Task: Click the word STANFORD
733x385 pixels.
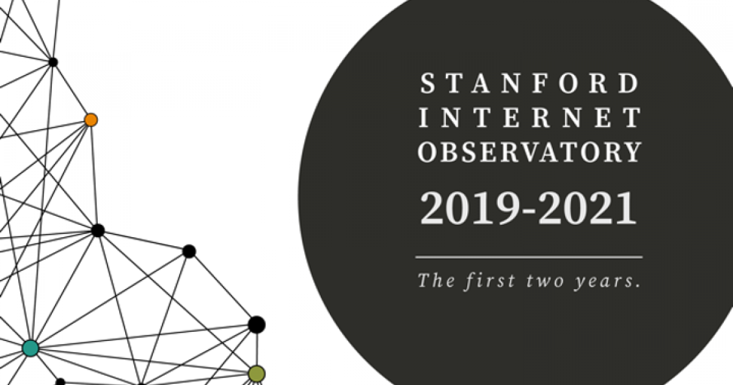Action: [x=529, y=84]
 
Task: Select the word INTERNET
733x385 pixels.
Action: [x=529, y=117]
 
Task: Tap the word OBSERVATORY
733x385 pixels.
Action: [x=529, y=152]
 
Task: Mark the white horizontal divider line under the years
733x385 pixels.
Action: [x=529, y=257]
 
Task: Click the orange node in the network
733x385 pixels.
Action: [x=91, y=120]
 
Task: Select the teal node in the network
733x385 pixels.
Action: [x=31, y=348]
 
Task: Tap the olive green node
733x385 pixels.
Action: [x=257, y=373]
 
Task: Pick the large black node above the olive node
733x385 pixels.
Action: [x=257, y=324]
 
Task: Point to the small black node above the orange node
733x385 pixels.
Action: [x=53, y=62]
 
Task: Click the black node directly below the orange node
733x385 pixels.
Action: [x=98, y=230]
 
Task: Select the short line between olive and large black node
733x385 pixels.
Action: [x=257, y=350]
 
